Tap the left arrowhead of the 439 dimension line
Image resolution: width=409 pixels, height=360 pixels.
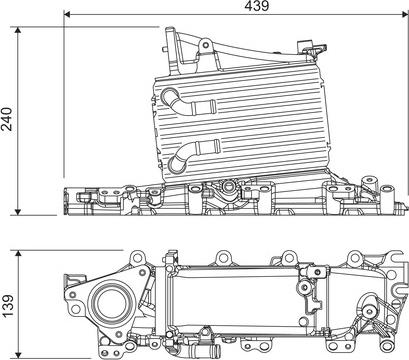point(67,15)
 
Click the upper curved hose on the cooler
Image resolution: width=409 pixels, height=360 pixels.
point(185,100)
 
